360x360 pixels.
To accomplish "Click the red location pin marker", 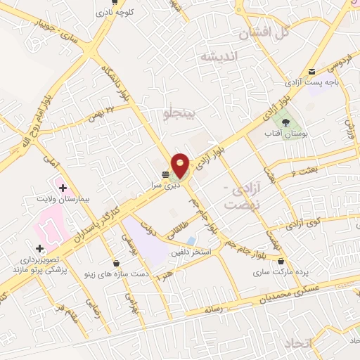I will click(181, 166).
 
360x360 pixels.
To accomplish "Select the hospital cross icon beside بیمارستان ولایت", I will click(63, 188).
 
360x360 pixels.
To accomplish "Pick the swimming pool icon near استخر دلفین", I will click(191, 241).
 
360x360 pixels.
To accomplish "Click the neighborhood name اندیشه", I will click(218, 56).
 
